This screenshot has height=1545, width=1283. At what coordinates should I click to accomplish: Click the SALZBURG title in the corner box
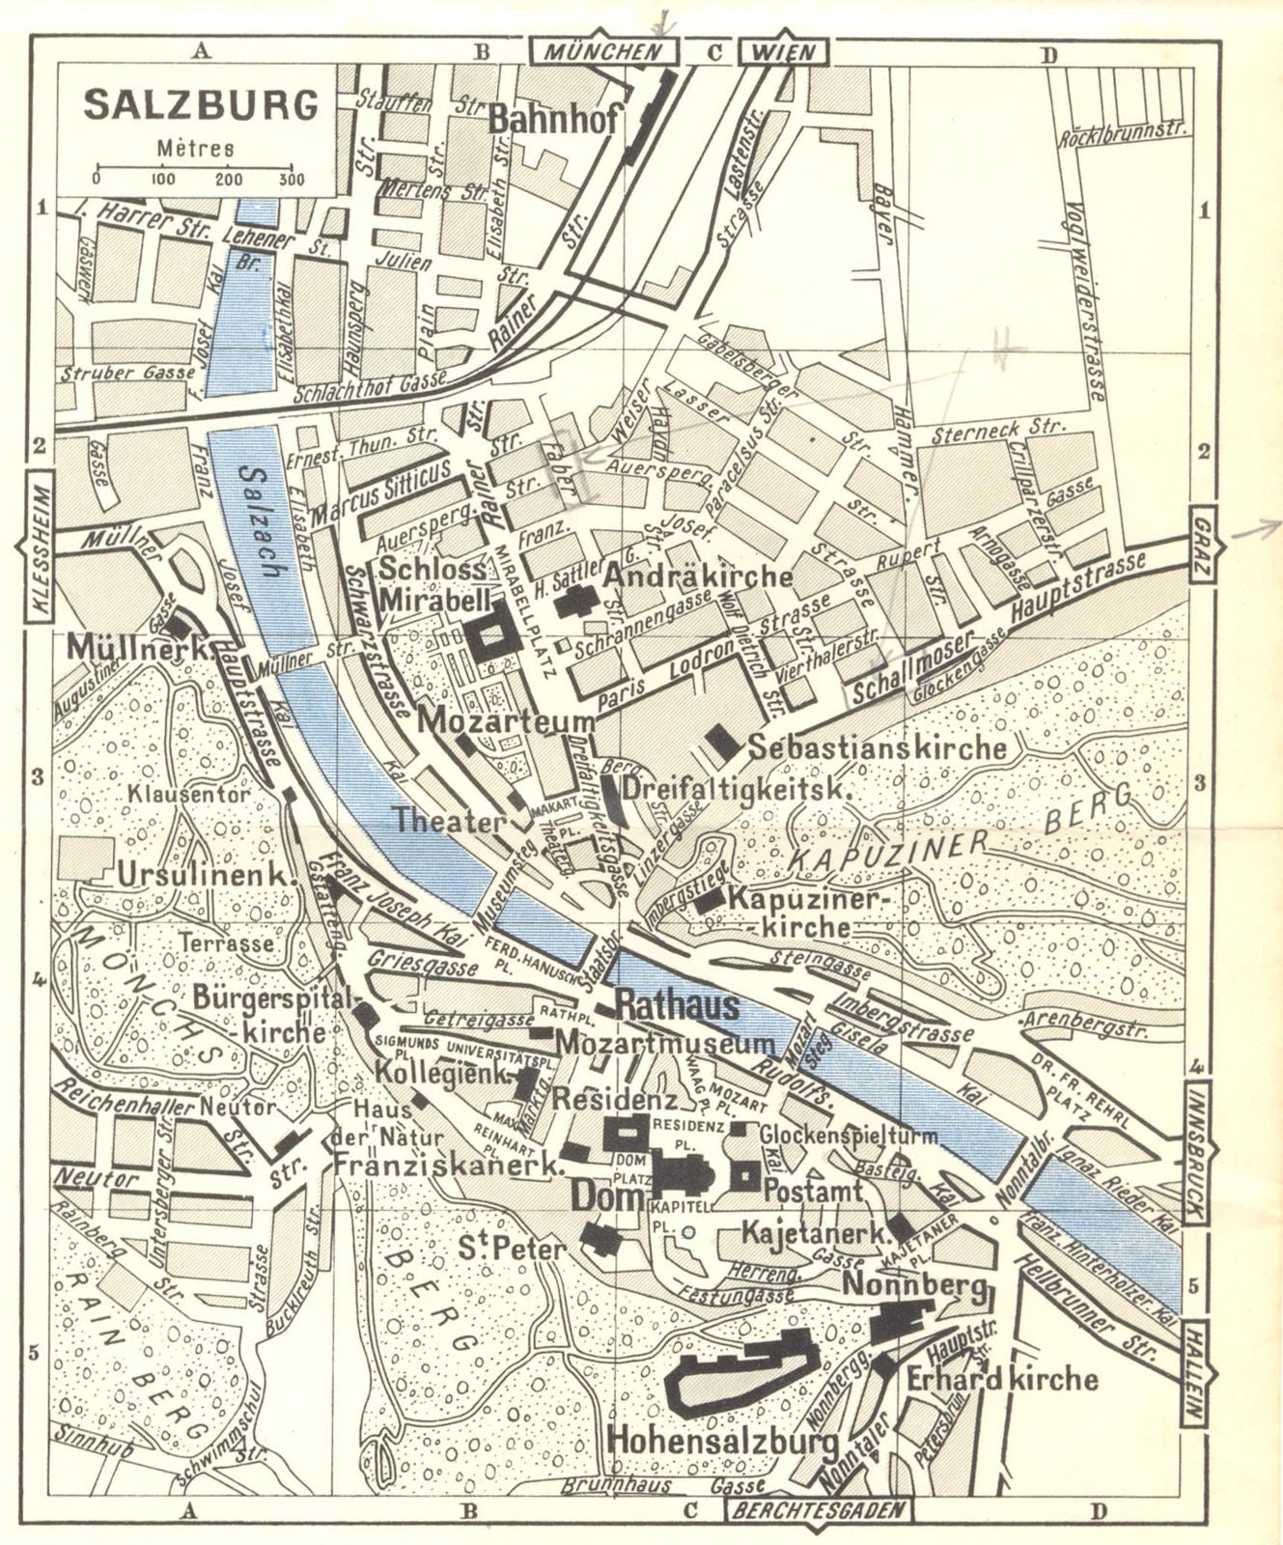click(x=201, y=105)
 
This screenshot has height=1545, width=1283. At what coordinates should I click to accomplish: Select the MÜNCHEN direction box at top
click(x=602, y=52)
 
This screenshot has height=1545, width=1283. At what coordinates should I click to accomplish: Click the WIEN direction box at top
click(x=778, y=52)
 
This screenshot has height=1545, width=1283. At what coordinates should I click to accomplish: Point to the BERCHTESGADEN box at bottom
click(x=817, y=1510)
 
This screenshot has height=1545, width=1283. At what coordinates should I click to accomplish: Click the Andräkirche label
click(x=698, y=576)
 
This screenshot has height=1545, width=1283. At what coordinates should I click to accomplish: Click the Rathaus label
click(x=677, y=1006)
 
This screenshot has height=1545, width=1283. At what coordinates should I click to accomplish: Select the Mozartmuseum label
click(x=667, y=1043)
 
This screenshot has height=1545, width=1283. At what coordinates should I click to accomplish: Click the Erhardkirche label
click(x=1002, y=1379)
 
